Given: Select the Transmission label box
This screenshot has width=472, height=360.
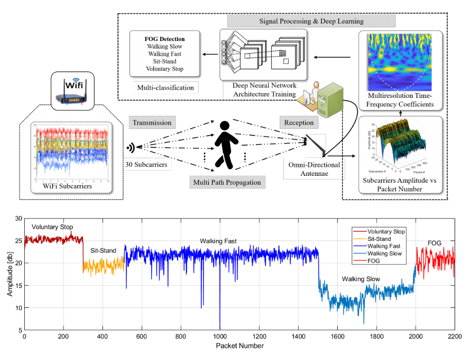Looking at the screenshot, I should pos(152,123).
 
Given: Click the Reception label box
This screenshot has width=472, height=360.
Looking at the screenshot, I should pos(299,123).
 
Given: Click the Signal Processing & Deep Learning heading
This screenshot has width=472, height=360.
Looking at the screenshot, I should pos(311,22).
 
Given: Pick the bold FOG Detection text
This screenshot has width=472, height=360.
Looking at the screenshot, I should pos(165,39).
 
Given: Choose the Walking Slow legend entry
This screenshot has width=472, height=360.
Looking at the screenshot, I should pos(384,254).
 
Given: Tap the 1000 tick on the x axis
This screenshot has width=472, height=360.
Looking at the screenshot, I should pos(220,337).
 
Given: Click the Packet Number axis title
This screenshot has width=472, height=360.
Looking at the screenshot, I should pos(239,346).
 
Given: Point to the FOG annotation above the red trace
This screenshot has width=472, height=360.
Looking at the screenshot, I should pos(434,243).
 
